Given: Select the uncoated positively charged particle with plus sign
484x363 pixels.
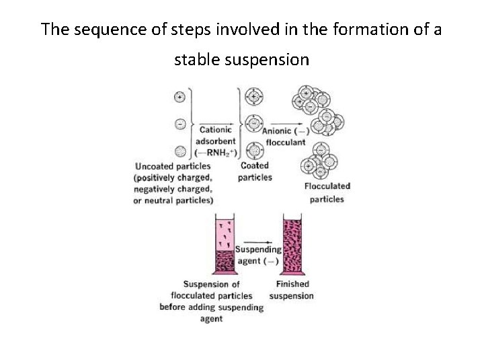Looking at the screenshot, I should [x=179, y=97].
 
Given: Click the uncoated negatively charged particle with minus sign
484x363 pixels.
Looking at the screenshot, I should [x=179, y=124].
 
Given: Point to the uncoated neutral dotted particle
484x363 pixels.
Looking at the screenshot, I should [x=179, y=151].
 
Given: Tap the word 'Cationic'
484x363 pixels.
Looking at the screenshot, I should [x=215, y=130].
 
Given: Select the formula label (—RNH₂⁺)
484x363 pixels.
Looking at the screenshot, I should [x=216, y=152].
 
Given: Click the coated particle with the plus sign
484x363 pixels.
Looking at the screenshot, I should [x=253, y=97].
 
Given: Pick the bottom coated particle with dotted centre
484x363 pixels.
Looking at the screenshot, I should [x=253, y=151].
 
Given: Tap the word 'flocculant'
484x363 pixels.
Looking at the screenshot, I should [x=286, y=142].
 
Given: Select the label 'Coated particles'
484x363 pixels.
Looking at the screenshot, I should [x=255, y=171].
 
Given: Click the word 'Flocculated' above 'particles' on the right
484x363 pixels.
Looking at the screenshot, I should [x=327, y=186].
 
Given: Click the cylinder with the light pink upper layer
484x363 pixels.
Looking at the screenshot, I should [x=224, y=245].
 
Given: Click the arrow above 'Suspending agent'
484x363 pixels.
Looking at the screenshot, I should [x=258, y=241].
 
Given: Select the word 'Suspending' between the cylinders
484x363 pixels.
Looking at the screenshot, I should [x=258, y=250].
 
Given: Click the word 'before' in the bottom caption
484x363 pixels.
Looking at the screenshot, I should [x=174, y=307].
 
